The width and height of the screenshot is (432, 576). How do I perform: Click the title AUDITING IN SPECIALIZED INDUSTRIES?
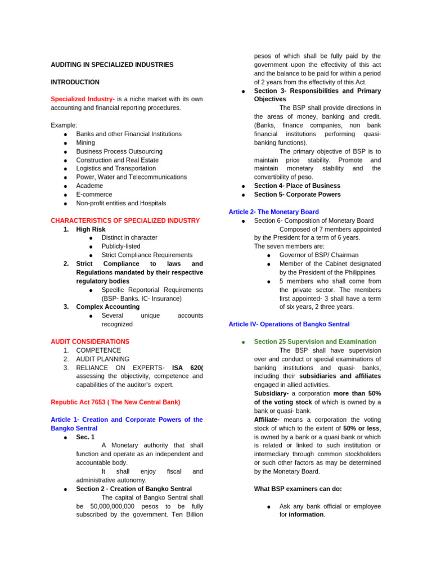click(112, 65)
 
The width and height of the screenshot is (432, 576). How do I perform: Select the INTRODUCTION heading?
click(75, 82)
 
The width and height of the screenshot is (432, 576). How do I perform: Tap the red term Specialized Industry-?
click(83, 99)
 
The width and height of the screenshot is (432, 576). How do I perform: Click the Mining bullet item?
click(85, 143)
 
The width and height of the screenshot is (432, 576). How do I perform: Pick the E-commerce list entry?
click(93, 195)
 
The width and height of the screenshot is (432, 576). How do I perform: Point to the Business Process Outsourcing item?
click(119, 151)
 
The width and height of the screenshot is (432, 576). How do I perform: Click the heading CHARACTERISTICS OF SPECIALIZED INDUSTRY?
click(125, 220)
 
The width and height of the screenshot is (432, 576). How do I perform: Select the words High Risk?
click(91, 229)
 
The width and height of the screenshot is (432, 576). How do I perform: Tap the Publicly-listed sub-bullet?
click(121, 246)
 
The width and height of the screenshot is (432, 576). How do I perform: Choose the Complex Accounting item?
click(107, 307)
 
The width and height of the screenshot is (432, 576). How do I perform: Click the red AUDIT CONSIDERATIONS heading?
click(90, 341)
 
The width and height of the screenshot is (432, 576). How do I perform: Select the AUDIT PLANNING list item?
click(102, 359)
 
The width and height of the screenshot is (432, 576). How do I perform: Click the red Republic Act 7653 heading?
click(115, 402)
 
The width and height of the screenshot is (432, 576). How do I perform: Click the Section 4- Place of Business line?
click(297, 186)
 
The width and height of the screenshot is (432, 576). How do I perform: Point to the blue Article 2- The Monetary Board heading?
click(274, 212)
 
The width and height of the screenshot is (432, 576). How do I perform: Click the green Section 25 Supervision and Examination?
click(315, 341)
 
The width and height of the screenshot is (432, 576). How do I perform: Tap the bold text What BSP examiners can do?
click(298, 489)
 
